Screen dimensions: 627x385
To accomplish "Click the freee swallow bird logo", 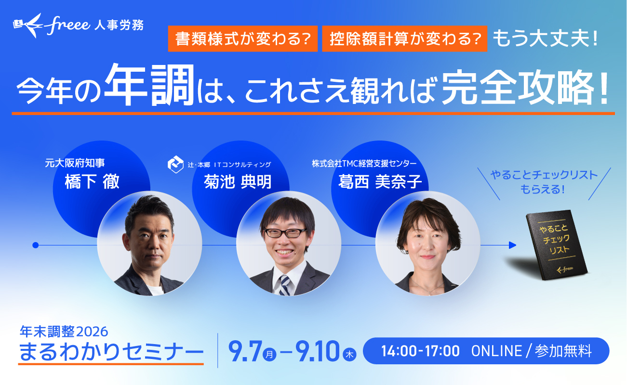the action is (x=28, y=25).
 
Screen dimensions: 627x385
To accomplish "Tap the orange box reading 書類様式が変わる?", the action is (x=243, y=38).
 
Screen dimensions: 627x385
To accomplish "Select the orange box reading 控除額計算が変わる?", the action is (x=404, y=38).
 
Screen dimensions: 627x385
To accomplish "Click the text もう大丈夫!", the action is (x=545, y=38).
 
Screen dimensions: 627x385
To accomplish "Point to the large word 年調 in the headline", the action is (x=150, y=84).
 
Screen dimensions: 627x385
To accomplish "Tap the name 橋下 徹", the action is (x=92, y=182).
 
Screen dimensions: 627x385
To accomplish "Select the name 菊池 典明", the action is (x=238, y=182).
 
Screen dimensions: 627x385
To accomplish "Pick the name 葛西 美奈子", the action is (x=380, y=182).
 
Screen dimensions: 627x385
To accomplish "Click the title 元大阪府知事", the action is (x=75, y=163).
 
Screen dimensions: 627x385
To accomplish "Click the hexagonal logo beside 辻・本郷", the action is (x=175, y=164).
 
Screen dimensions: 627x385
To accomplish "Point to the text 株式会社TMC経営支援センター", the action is (x=364, y=164).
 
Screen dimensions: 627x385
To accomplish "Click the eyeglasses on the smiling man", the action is (x=285, y=232).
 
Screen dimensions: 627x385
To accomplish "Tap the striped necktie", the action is (x=285, y=285).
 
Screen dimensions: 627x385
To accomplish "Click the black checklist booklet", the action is (x=557, y=244).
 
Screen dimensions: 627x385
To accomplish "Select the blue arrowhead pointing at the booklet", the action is (x=512, y=245).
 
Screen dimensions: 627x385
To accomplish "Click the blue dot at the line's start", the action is (x=36, y=245).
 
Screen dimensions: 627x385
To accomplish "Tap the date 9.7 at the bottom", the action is (x=245, y=351).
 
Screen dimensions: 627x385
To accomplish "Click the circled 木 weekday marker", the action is (x=349, y=355).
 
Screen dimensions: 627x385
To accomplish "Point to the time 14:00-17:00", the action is (x=420, y=351).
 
